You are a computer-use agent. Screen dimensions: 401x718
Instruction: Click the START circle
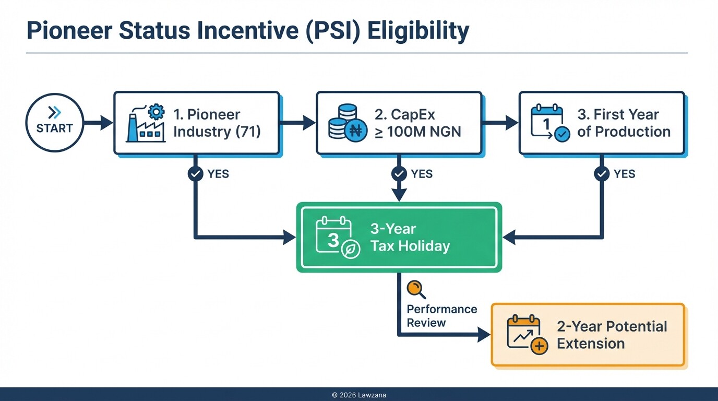coord(54,123)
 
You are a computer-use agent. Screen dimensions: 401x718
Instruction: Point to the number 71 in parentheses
coord(248,131)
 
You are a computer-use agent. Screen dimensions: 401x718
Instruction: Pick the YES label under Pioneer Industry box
coord(218,174)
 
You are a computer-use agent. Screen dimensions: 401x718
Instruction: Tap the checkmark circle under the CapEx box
coord(399,174)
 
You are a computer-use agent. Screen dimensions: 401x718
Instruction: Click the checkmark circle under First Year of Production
coord(602,174)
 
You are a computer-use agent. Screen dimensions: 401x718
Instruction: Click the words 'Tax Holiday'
coord(410,246)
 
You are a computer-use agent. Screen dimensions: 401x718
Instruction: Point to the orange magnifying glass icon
coord(415,289)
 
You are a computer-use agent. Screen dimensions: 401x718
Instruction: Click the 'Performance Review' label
coord(441,315)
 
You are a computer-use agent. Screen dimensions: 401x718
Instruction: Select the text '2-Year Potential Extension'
coord(612,335)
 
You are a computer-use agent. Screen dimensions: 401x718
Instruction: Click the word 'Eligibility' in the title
coord(418,31)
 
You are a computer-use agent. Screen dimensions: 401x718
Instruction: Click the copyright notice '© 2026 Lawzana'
coord(359,395)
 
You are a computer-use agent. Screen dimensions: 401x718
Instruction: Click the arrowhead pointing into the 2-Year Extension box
coord(484,335)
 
